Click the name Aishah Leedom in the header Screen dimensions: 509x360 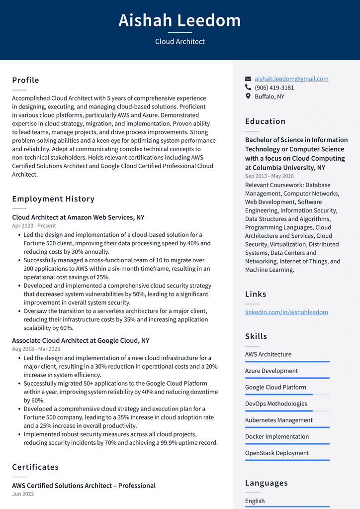tap(180, 20)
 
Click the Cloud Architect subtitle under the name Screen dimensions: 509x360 tap(180, 42)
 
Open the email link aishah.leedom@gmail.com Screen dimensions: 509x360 tap(291, 79)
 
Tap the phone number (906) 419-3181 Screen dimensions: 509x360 tap(274, 88)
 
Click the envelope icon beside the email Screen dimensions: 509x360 tap(248, 79)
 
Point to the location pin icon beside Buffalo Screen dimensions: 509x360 tap(248, 96)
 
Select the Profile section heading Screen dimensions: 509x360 tap(25, 80)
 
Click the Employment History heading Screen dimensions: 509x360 tap(53, 199)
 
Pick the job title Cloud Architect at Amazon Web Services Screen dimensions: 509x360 tap(78, 217)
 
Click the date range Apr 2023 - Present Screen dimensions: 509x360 tap(34, 226)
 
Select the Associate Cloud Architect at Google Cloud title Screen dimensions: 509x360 tap(81, 341)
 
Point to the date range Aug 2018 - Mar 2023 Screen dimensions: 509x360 tap(36, 349)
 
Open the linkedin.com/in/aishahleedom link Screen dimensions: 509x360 tap(286, 312)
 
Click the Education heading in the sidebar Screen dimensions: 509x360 tap(265, 121)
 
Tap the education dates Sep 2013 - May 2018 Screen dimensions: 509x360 tap(269, 176)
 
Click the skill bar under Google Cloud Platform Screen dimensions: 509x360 tap(287, 395)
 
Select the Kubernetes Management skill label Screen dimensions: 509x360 tap(278, 420)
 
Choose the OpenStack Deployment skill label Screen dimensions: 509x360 tap(276, 453)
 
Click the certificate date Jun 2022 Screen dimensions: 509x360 tap(23, 494)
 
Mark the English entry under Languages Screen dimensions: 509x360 tap(255, 501)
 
